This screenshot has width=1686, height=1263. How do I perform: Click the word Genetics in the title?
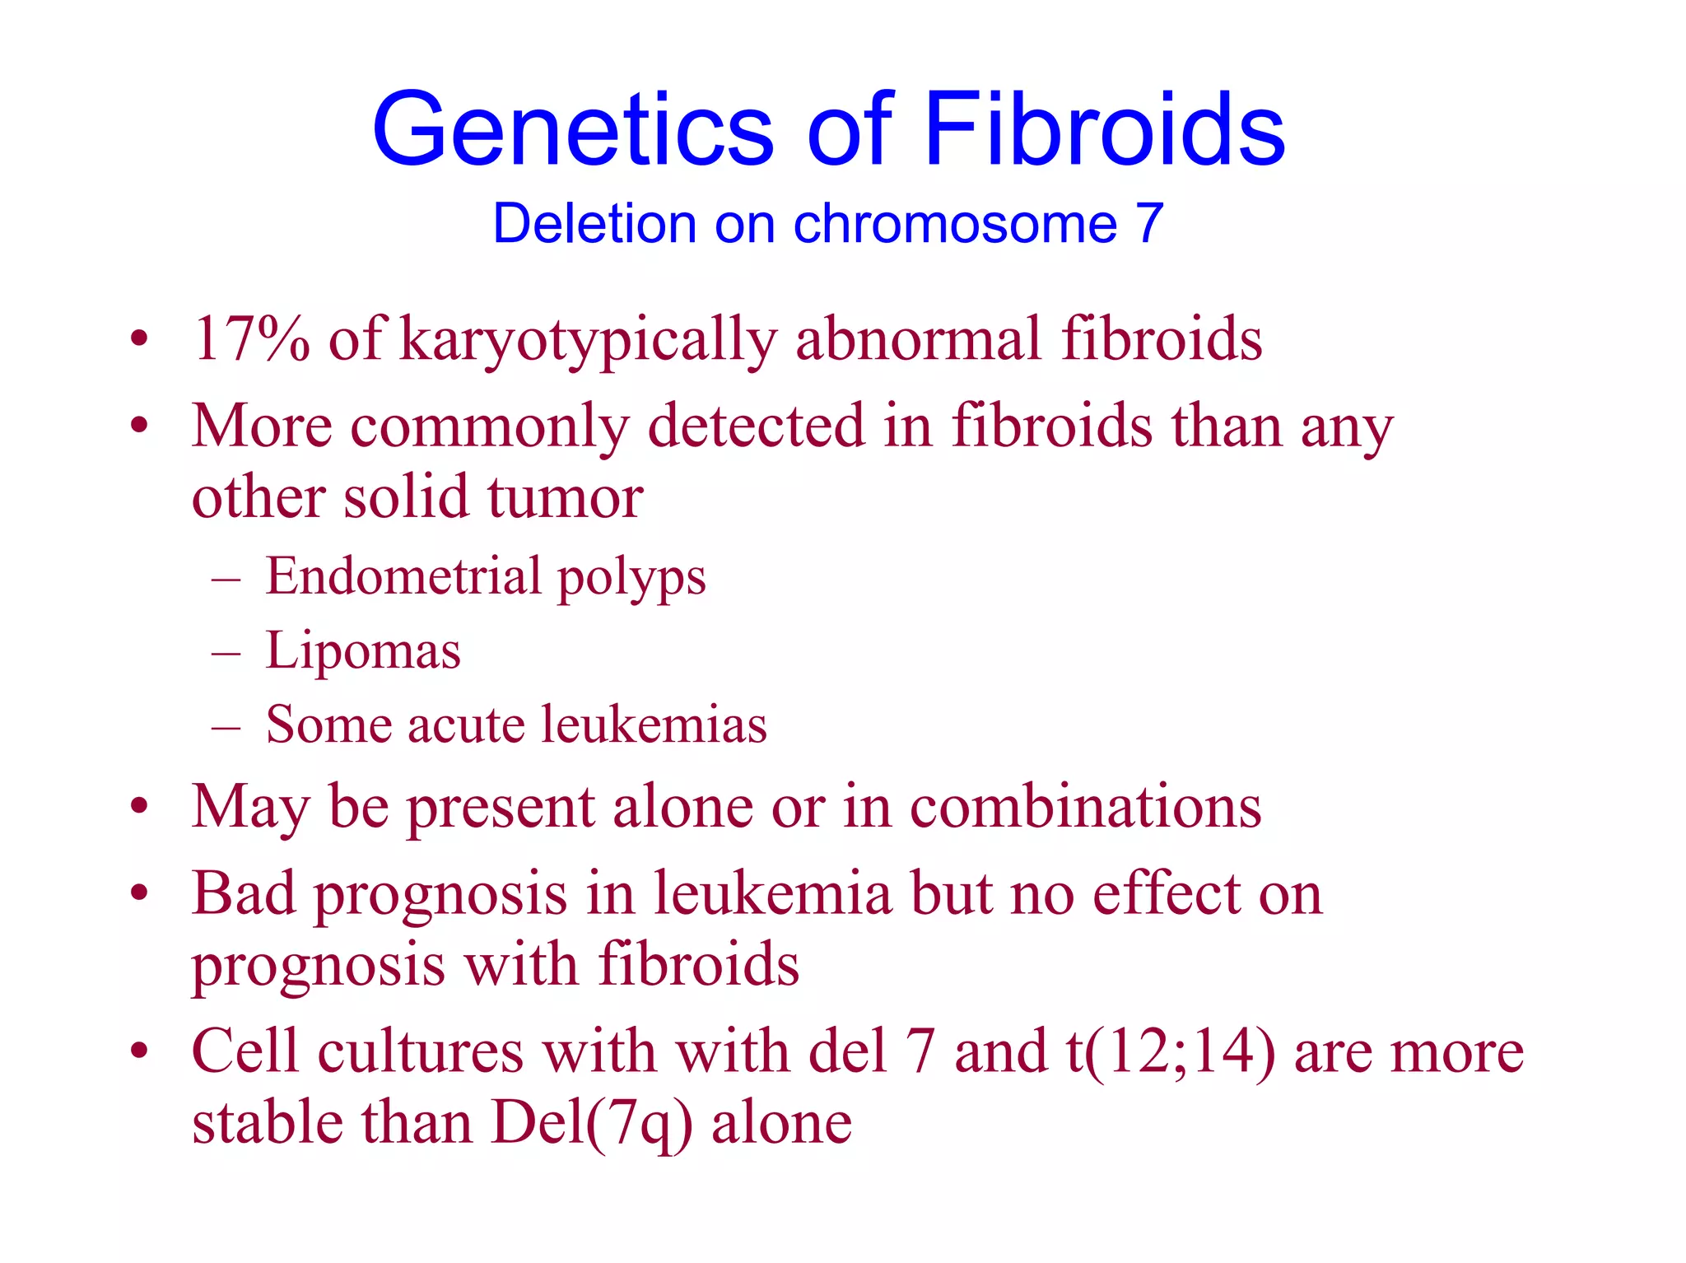click(573, 130)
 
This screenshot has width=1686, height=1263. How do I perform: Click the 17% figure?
click(251, 338)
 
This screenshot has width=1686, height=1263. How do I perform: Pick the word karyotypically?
click(588, 340)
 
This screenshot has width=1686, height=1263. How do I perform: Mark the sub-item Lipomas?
click(363, 651)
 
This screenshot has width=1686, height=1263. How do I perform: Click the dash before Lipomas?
click(226, 653)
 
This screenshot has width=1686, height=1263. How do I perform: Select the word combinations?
click(1085, 806)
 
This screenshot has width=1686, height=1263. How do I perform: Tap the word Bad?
click(243, 893)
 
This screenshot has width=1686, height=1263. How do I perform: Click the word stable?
click(268, 1123)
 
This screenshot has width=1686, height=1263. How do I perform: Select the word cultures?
click(421, 1051)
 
